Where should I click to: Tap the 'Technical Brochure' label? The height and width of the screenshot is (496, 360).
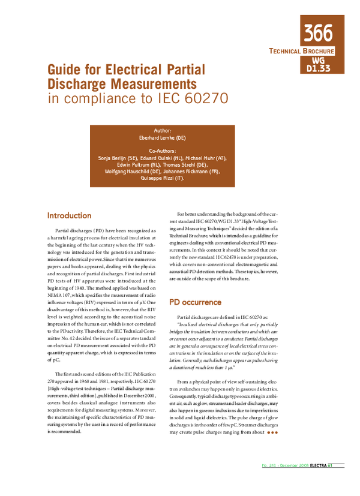301,52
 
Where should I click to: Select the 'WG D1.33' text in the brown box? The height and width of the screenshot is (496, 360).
318,65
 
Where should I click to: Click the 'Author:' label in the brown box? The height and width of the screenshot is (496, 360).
163,130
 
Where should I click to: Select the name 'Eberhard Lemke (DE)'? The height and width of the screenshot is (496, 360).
163,137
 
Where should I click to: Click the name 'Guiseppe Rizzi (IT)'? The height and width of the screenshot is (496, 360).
163,178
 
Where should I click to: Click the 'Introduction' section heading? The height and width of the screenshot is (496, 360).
69,215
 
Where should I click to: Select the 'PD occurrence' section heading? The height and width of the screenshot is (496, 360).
196,302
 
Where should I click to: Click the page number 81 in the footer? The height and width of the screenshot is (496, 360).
330,482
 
